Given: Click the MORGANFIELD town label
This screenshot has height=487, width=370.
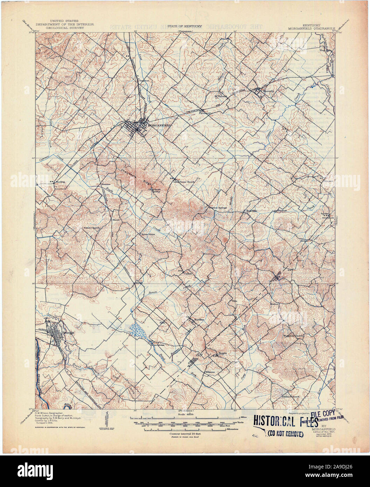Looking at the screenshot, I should [160, 125].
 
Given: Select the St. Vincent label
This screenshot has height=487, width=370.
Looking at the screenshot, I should [221, 96].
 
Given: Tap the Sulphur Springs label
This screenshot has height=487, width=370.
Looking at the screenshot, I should [218, 208].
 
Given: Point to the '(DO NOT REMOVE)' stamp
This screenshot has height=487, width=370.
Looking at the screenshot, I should [285, 434].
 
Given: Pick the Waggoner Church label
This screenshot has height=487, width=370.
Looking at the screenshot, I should [295, 336].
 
